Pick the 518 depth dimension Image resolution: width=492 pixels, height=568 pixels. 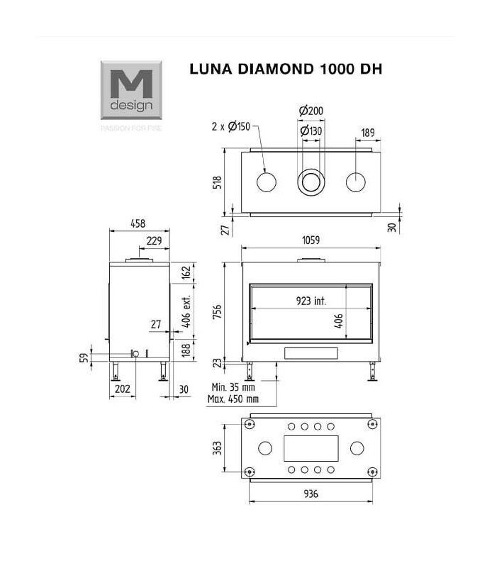(x=218, y=182)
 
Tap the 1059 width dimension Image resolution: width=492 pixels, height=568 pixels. (x=311, y=240)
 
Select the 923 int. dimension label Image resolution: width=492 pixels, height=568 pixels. (x=311, y=301)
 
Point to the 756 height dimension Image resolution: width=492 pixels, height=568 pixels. (x=218, y=312)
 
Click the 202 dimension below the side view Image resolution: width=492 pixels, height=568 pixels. (x=122, y=389)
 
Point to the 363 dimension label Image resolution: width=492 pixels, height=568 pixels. (x=218, y=449)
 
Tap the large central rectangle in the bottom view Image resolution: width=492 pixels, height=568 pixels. (x=311, y=448)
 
